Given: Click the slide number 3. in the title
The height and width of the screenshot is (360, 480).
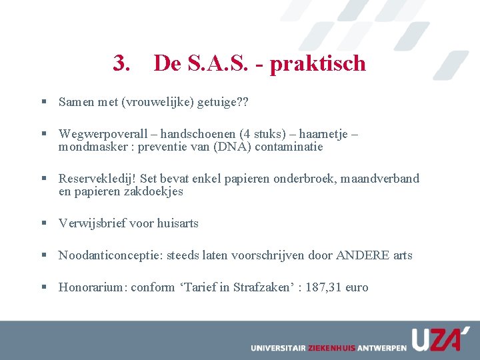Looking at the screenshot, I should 122,63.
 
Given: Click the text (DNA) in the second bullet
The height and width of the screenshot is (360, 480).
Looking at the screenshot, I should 228,147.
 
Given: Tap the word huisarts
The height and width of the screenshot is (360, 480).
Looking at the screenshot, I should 177,223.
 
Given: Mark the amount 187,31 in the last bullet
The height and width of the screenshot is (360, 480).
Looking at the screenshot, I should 325,287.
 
